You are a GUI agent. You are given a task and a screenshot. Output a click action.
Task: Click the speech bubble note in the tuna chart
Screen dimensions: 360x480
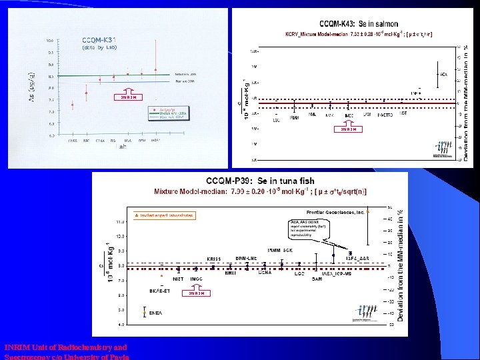312,229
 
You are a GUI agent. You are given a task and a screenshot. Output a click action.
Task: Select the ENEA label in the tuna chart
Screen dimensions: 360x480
156,312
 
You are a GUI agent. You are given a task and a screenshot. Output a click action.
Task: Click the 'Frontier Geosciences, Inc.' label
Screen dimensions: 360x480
335,212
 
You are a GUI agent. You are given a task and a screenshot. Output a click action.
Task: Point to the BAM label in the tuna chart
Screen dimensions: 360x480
317,279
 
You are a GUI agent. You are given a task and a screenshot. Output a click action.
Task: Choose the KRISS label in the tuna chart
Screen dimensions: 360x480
213,258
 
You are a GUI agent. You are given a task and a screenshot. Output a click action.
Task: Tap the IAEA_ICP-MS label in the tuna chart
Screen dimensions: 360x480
336,273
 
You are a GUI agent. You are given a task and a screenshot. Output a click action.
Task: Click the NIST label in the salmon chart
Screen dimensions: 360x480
403,113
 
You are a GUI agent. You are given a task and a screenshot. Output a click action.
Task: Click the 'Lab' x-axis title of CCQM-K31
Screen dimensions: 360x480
123,147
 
